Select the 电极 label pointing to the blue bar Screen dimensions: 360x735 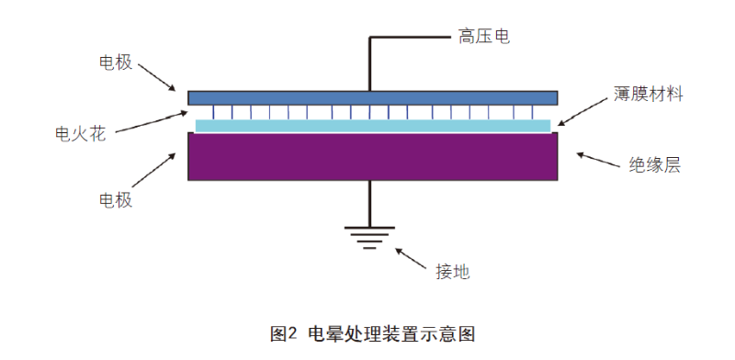[x=116, y=62]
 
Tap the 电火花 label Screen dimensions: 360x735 [x=81, y=134]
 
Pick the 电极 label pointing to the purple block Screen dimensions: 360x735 [x=116, y=200]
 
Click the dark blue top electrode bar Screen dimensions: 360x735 [x=372, y=97]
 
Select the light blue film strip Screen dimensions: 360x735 [x=372, y=126]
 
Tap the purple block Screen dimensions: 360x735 [x=372, y=156]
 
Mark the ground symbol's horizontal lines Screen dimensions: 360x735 [x=369, y=239]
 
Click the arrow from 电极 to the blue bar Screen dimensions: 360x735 [x=158, y=78]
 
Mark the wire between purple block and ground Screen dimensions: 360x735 [x=369, y=204]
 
